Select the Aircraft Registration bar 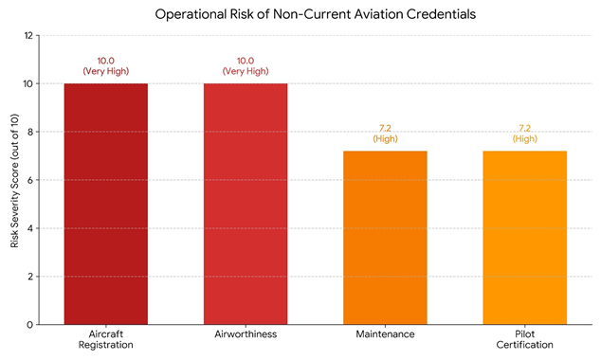105,204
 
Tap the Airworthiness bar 246,204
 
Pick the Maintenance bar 385,237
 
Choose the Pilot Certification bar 525,237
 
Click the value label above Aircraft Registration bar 105,65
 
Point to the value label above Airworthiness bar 246,65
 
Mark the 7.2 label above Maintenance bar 385,133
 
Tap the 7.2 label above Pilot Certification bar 525,133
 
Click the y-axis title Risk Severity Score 15,180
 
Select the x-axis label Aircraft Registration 105,339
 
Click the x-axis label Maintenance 385,334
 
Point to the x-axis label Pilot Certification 525,339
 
